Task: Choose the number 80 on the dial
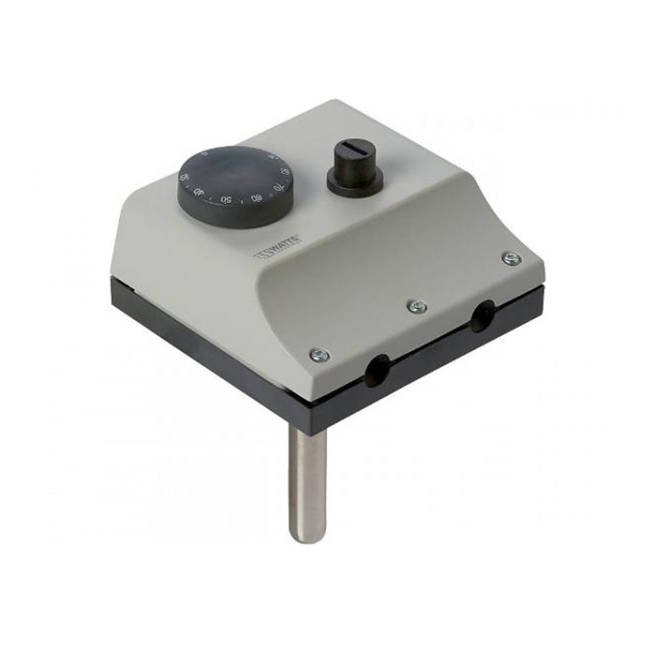(285, 172)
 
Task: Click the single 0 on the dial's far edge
(204, 154)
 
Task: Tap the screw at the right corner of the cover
(511, 258)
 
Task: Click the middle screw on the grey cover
(416, 306)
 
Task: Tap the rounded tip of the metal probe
(306, 536)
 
